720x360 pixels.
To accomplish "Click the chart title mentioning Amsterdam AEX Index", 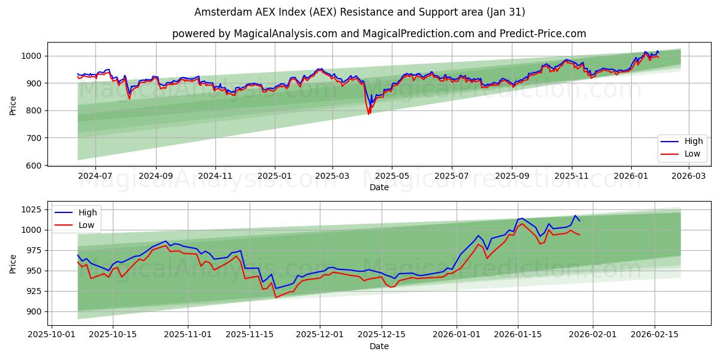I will [360, 12].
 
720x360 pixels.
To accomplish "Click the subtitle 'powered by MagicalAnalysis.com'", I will [379, 34].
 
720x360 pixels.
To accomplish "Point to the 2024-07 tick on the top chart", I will [96, 176].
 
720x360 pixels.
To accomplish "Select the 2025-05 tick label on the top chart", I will [392, 176].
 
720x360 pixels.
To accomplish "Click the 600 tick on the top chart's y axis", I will [35, 165].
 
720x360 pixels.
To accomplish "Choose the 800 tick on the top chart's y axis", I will [35, 110].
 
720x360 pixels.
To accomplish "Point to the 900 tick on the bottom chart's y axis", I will [35, 311].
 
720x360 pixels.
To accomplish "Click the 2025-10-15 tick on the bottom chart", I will [112, 335].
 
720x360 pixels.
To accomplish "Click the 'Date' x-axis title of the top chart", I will [379, 187].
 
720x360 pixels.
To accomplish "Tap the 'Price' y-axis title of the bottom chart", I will [13, 263].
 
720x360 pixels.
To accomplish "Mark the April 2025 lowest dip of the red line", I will [368, 114].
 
